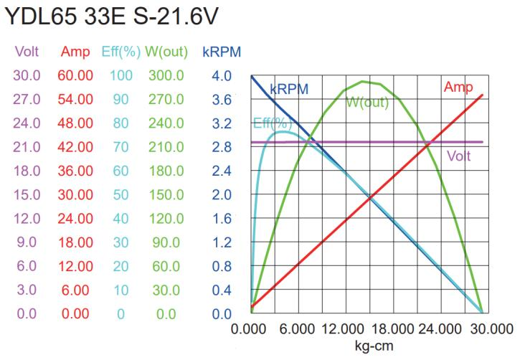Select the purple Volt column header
tap(28, 52)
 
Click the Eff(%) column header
tap(123, 52)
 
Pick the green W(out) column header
tap(166, 52)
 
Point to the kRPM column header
tap(222, 52)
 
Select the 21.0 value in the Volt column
tap(28, 147)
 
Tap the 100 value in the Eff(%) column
tap(122, 75)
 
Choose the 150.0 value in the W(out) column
tap(166, 194)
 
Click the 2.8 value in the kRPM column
tap(222, 147)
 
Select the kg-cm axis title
tap(373, 345)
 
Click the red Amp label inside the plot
tap(458, 87)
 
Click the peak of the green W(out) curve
tap(365, 81)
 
